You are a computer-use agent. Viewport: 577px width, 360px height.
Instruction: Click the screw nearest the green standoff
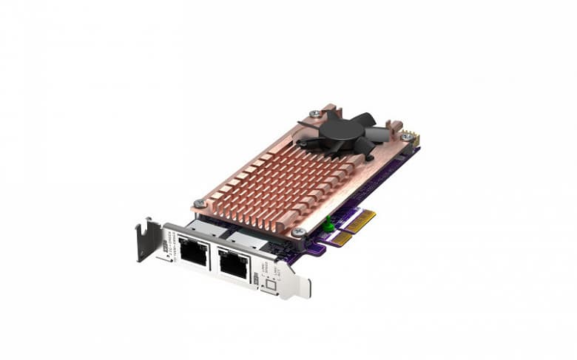(x=298, y=231)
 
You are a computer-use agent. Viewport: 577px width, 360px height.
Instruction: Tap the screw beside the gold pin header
(x=405, y=137)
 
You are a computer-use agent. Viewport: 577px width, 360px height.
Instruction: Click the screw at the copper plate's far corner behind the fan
(x=316, y=113)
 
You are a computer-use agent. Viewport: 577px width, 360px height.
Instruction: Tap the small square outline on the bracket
(x=271, y=285)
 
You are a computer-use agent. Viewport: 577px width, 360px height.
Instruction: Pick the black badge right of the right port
(x=257, y=279)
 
